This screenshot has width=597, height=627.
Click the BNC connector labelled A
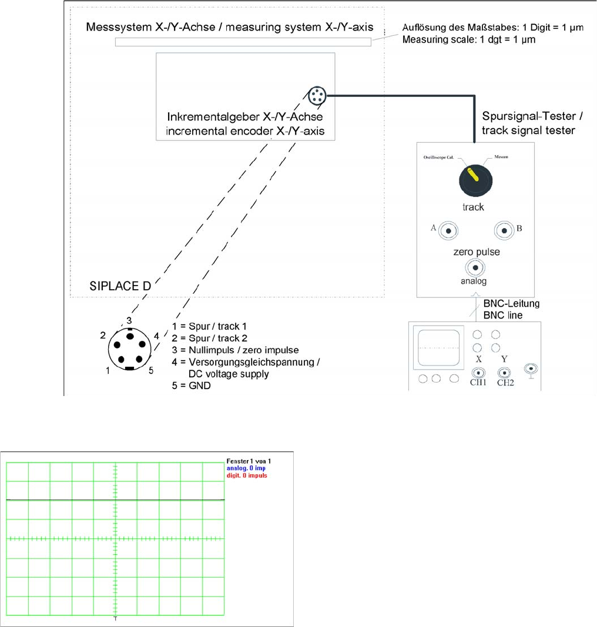448,231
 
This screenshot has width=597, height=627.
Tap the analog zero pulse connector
474,268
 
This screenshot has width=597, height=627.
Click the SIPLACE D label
120,286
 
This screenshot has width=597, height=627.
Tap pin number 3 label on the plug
129,320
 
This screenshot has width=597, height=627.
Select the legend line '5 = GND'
192,385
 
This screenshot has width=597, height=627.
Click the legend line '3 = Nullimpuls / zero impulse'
236,350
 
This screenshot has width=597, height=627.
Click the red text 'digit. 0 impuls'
247,475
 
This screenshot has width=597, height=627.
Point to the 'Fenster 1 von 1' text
249,461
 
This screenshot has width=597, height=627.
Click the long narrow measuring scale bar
243,42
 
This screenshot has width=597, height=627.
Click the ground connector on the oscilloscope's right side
531,369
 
